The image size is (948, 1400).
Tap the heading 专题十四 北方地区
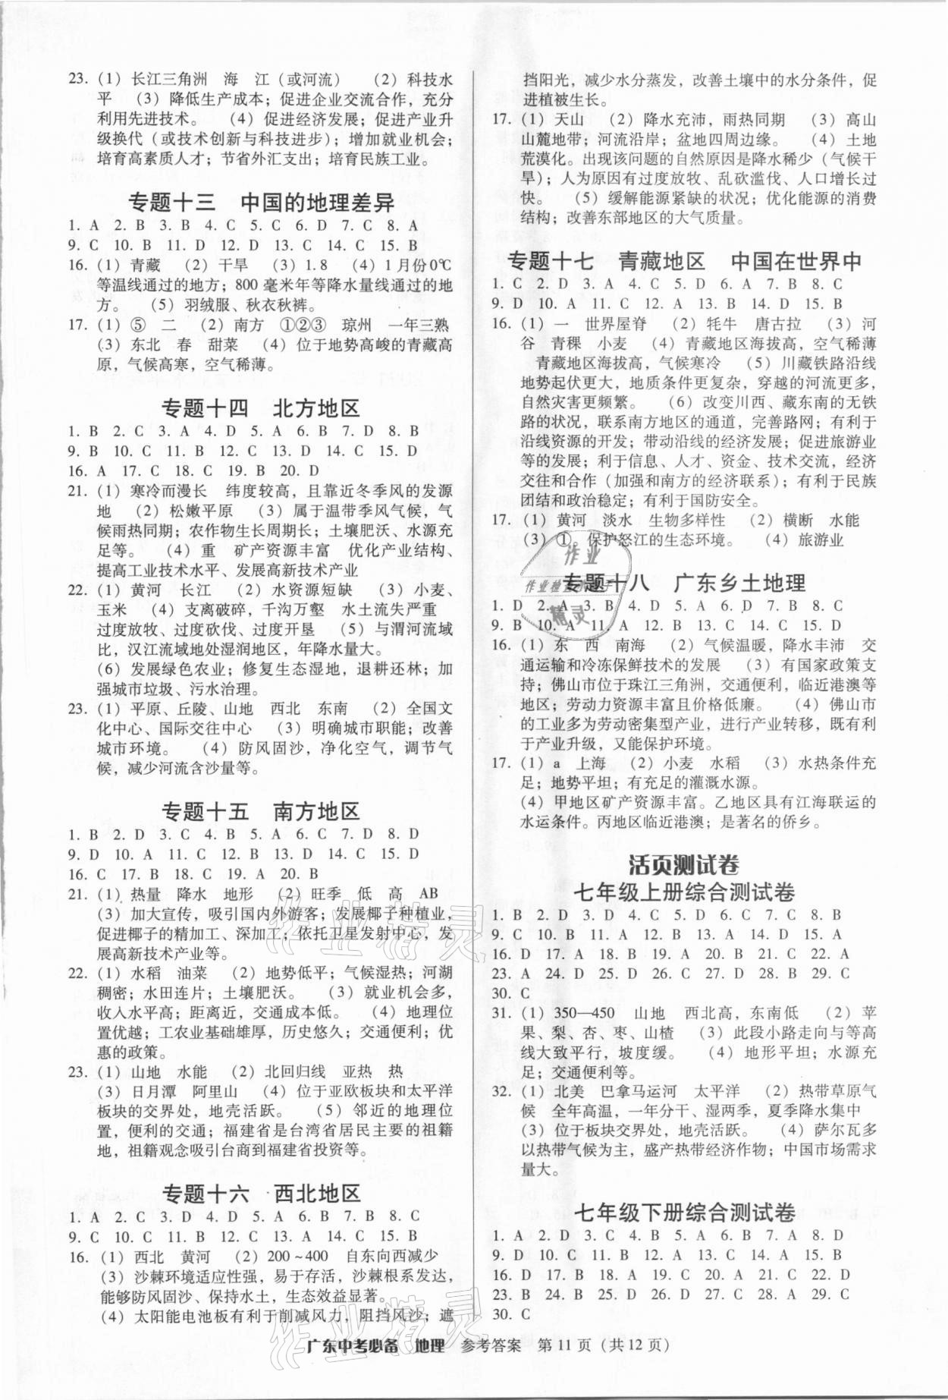point(260,408)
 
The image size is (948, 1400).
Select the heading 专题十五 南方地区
point(260,812)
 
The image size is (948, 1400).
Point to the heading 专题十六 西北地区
point(261,1194)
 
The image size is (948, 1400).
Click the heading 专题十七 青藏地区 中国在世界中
point(683,261)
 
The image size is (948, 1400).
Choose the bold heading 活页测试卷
point(683,864)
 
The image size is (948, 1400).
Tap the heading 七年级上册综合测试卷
point(683,892)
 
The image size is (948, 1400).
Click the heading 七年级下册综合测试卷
point(683,1212)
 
